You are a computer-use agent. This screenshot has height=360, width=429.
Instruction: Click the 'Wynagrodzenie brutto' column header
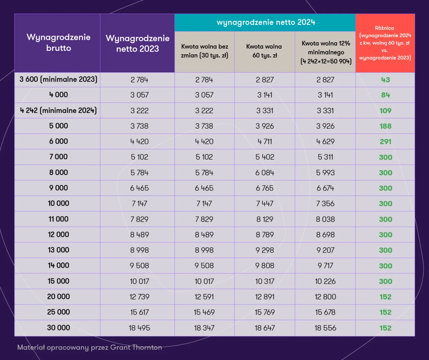(58, 43)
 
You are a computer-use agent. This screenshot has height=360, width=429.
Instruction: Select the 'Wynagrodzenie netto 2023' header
(137, 43)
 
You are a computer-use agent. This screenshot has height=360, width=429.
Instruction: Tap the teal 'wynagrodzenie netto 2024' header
(265, 22)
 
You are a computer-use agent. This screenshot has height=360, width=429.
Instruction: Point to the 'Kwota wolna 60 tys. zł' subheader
(264, 51)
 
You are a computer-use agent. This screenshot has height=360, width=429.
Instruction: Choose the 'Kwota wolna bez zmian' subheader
(204, 51)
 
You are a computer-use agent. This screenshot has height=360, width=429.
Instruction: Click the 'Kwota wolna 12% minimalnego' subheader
(325, 52)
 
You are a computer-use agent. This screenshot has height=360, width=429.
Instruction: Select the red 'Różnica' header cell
(385, 43)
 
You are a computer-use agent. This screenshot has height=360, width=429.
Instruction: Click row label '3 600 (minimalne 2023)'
(58, 79)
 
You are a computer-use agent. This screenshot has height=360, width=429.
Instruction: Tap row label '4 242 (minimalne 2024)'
(58, 110)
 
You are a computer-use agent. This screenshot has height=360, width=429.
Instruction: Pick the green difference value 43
(385, 80)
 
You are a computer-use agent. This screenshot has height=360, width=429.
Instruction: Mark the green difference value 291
(385, 141)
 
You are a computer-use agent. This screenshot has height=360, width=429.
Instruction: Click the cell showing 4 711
(265, 141)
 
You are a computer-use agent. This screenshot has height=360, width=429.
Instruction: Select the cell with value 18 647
(265, 328)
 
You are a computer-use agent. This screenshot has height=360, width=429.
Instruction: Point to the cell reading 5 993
(325, 173)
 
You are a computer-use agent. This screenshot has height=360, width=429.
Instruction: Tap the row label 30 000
(58, 327)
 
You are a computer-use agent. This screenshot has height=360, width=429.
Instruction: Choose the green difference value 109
(385, 111)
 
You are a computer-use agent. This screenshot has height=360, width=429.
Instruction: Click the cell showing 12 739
(139, 297)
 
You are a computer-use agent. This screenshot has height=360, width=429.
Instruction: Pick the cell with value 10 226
(325, 281)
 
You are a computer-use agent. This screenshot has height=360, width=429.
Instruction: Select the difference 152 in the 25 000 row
(385, 312)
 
